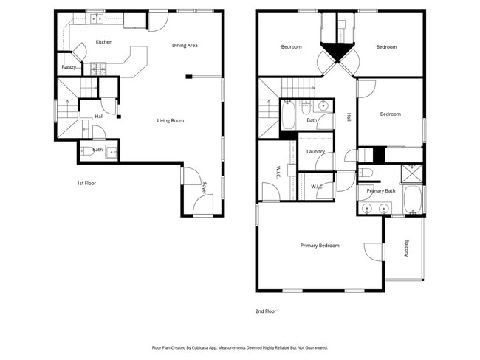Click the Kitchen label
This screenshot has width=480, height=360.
(x=104, y=42)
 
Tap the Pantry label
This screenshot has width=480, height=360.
(x=69, y=67)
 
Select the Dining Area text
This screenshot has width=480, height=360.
(x=185, y=46)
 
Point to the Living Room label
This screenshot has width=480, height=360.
(x=170, y=120)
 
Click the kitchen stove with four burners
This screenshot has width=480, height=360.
(x=98, y=69)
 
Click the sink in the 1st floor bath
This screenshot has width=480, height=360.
(x=111, y=152)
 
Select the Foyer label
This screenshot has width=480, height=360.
(x=205, y=189)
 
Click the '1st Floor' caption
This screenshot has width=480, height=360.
(x=87, y=183)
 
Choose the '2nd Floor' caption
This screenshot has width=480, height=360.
(x=266, y=311)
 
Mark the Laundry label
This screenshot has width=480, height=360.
(x=315, y=152)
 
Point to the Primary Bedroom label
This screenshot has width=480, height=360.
(x=320, y=246)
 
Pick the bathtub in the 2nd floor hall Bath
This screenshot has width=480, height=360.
(x=289, y=115)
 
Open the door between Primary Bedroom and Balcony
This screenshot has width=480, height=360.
(x=375, y=252)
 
